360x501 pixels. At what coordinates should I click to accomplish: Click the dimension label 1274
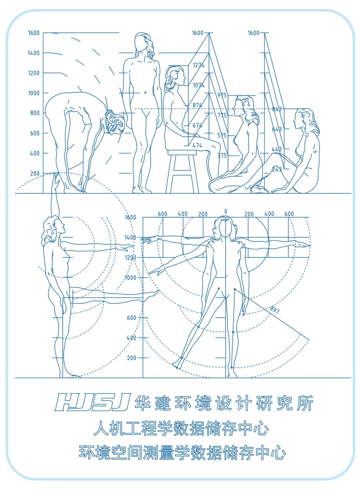click(x=198, y=65)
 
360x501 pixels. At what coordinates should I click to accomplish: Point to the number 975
click(x=222, y=95)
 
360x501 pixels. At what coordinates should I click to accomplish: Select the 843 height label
click(x=277, y=109)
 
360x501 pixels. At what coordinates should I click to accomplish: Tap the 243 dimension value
click(x=277, y=169)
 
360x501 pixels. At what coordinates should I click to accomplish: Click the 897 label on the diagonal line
click(x=275, y=309)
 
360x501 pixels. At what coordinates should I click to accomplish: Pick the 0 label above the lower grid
click(x=226, y=212)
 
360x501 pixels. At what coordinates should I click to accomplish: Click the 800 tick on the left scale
click(x=35, y=113)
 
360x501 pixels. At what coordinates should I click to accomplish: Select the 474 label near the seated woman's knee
click(x=197, y=146)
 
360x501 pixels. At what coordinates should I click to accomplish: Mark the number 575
click(x=222, y=135)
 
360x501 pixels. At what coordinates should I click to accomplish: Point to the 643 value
click(x=277, y=129)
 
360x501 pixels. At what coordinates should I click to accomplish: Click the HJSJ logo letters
click(x=92, y=402)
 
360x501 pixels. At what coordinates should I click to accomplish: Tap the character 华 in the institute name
click(x=142, y=403)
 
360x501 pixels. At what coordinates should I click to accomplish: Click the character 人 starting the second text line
click(x=101, y=428)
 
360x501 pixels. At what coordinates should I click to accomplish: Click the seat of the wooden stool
click(x=182, y=153)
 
